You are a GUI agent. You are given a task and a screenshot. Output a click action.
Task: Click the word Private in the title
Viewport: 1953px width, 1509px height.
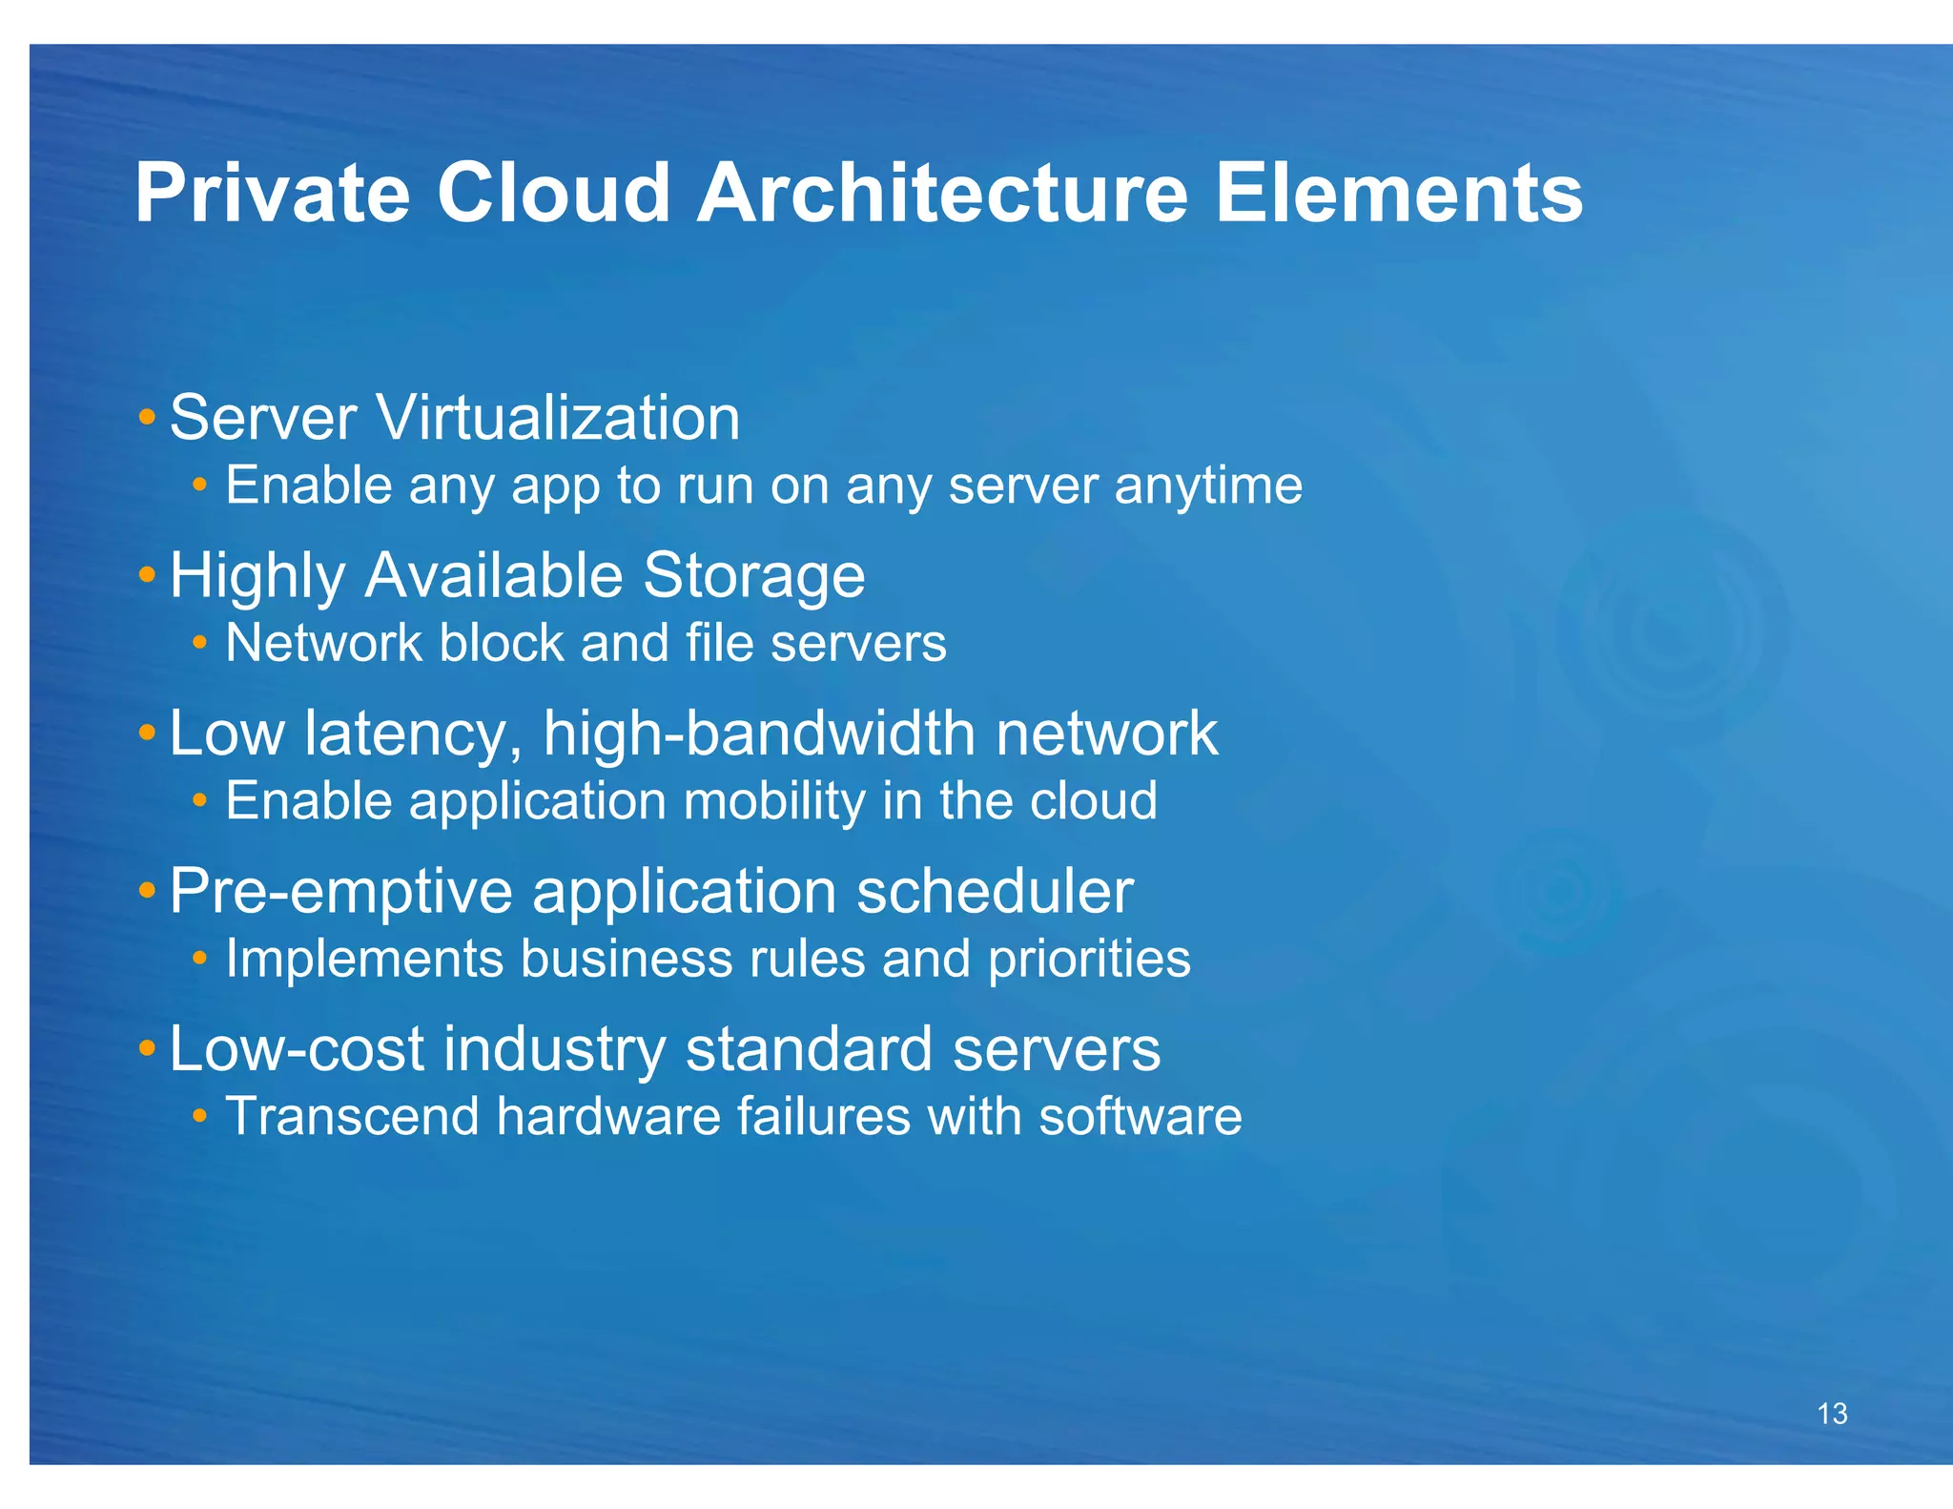pos(273,194)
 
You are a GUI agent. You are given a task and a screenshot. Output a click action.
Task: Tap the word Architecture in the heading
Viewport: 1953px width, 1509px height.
pos(942,194)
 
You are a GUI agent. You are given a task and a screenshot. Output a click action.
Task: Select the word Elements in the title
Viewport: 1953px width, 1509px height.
pos(1398,194)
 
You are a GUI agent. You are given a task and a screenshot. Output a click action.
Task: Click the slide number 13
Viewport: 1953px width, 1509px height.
pos(1832,1414)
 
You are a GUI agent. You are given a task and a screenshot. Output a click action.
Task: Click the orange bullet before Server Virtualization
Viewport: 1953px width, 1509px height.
pos(147,417)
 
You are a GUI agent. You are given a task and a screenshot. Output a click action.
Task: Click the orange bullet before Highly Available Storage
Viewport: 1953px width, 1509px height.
pos(147,574)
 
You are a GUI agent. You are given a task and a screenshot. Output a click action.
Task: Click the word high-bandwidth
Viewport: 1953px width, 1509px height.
pos(759,734)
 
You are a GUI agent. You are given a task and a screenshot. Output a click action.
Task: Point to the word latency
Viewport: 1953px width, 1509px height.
pos(413,734)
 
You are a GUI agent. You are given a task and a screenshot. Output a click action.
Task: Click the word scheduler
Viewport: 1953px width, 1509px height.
pos(995,892)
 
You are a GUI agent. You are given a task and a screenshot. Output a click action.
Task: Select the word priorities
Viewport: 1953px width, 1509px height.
pos(1089,959)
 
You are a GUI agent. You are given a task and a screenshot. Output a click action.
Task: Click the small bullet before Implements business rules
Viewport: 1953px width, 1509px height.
pos(199,957)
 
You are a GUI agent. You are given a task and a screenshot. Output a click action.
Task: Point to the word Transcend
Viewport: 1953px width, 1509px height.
pos(352,1116)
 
